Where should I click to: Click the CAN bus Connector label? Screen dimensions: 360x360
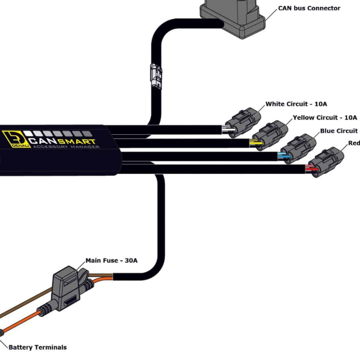pyautogui.click(x=309, y=8)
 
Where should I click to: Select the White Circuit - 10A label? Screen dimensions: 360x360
pyautogui.click(x=296, y=104)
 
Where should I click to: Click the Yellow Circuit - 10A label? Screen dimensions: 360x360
pyautogui.click(x=324, y=117)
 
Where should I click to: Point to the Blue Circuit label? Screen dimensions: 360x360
pyautogui.click(x=339, y=131)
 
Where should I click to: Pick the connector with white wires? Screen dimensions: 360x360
pyautogui.click(x=243, y=122)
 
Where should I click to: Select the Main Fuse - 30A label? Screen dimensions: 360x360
pyautogui.click(x=111, y=261)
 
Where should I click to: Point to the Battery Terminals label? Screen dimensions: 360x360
pyautogui.click(x=37, y=347)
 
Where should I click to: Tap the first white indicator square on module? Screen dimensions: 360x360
pyautogui.click(x=28, y=134)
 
